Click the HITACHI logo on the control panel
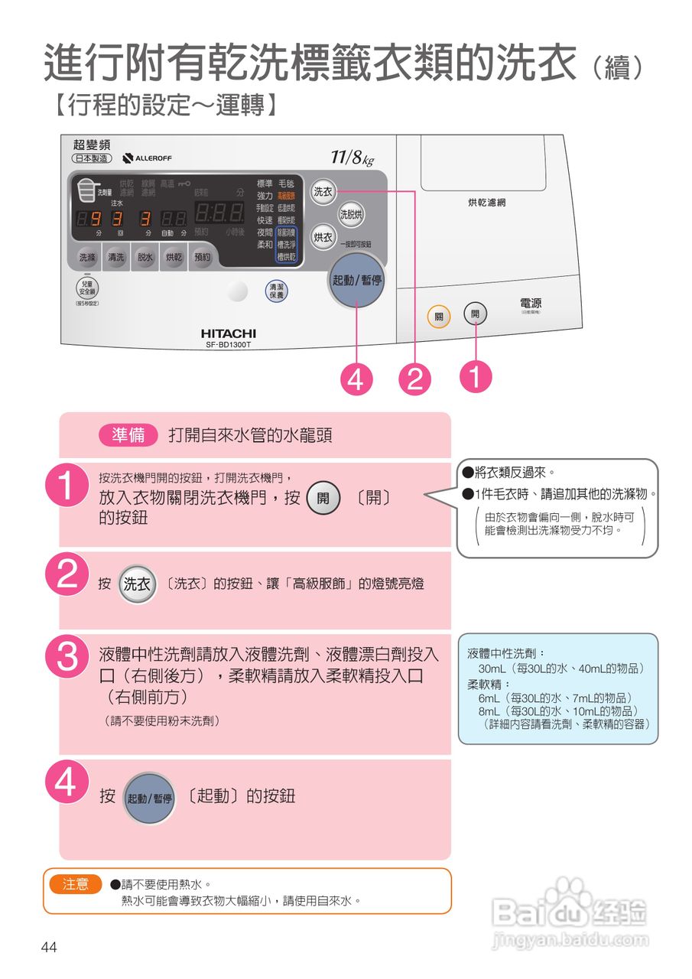pos(228,334)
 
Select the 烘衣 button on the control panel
pos(323,238)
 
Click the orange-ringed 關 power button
pos(439,316)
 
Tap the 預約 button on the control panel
pos(202,258)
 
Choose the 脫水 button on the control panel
pos(145,258)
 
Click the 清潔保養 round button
pos(276,291)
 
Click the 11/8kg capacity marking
pos(352,158)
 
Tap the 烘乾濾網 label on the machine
pos(486,203)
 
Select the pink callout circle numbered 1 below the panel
pos(476,378)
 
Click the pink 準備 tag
pos(128,435)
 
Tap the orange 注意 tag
pos(75,884)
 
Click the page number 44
pos(49,948)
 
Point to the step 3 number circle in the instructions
pos(68,656)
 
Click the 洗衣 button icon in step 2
pos(138,584)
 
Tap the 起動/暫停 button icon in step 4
pos(150,798)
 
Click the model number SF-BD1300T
pos(228,346)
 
